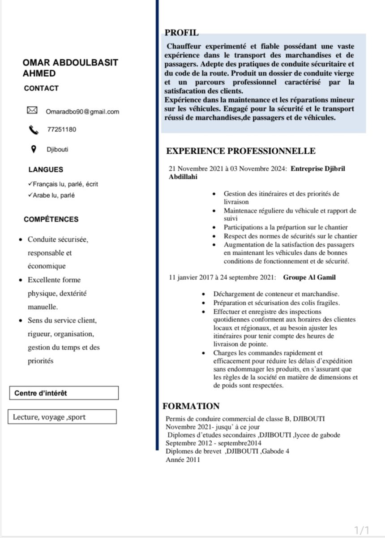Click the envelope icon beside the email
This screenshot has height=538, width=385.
pyautogui.click(x=32, y=110)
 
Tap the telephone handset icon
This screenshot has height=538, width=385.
pyautogui.click(x=34, y=130)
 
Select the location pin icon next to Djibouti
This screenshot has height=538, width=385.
pyautogui.click(x=33, y=149)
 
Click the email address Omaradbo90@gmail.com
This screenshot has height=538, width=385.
pyautogui.click(x=82, y=112)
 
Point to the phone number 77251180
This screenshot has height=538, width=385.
pyautogui.click(x=61, y=130)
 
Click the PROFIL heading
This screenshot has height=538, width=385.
pyautogui.click(x=181, y=32)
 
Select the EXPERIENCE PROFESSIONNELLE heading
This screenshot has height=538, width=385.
pyautogui.click(x=241, y=151)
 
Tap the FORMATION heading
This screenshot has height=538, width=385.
pyautogui.click(x=191, y=406)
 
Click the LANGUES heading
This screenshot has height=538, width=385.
pyautogui.click(x=46, y=169)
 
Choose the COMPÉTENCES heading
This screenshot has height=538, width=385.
pyautogui.click(x=51, y=219)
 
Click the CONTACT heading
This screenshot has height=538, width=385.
pyautogui.click(x=41, y=88)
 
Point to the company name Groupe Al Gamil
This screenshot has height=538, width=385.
pyautogui.click(x=309, y=278)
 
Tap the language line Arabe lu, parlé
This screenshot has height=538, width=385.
pyautogui.click(x=53, y=195)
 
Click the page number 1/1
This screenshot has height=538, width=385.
pyautogui.click(x=361, y=530)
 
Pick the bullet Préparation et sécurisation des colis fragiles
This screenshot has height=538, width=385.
pyautogui.click(x=277, y=303)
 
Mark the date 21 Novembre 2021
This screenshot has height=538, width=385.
pyautogui.click(x=196, y=169)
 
